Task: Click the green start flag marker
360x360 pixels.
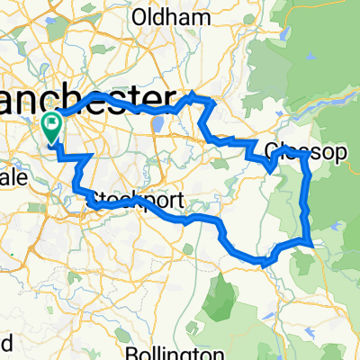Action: pyautogui.click(x=50, y=126)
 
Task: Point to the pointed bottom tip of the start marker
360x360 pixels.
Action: pyautogui.click(x=51, y=142)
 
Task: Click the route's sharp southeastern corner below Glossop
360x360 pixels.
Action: pyautogui.click(x=311, y=242)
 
